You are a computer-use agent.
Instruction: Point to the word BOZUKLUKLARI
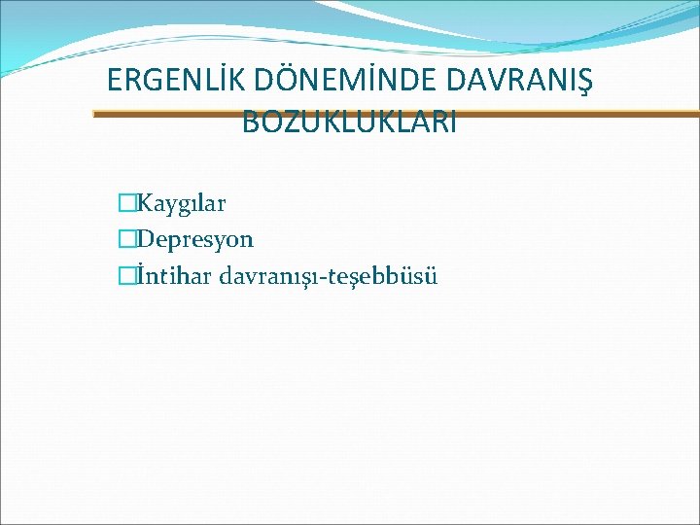(x=349, y=122)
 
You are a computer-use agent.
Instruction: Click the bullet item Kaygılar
(x=182, y=204)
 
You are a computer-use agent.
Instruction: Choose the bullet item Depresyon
(x=195, y=239)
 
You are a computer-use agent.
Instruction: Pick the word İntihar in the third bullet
(x=175, y=276)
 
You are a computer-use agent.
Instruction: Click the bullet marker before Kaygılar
(x=124, y=204)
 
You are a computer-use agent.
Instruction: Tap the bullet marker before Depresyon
(x=124, y=239)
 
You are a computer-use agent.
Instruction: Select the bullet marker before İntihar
(x=124, y=276)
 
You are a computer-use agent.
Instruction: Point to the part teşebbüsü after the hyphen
(x=390, y=276)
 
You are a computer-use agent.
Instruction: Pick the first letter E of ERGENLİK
(x=115, y=80)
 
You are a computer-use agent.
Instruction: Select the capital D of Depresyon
(x=146, y=239)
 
